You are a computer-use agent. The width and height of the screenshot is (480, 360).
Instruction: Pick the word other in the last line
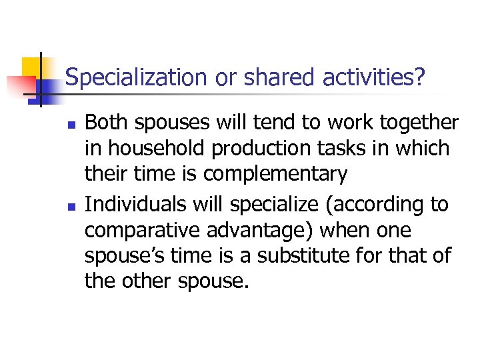[147, 281]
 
